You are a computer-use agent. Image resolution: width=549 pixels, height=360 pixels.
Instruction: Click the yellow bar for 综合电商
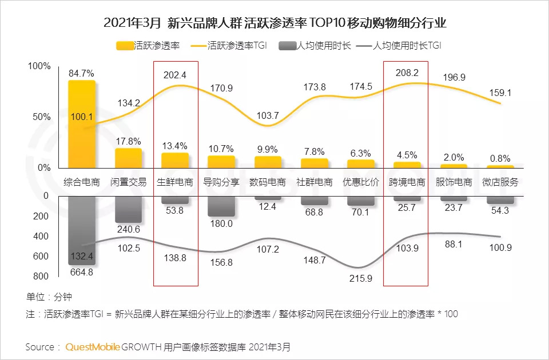[x=81, y=125]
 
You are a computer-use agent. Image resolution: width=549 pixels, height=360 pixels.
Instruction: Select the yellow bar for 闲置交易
[x=128, y=158]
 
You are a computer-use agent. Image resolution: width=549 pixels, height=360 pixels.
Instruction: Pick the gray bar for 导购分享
[x=221, y=206]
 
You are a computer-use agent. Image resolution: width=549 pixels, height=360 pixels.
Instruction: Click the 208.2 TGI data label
[x=407, y=73]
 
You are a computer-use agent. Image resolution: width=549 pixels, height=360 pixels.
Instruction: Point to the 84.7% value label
[x=81, y=74]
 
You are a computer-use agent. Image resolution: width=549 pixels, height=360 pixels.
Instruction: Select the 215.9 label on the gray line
[x=361, y=278]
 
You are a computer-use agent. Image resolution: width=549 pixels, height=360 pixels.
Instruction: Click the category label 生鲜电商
[x=175, y=183]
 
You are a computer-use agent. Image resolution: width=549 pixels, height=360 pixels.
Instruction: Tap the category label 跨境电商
[x=407, y=183]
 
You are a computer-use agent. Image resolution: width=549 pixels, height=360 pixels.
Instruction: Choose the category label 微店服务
[x=500, y=183]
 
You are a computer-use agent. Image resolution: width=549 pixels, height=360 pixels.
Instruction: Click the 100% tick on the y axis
[x=39, y=67]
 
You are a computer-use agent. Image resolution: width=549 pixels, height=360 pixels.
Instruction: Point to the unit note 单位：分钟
[x=49, y=297]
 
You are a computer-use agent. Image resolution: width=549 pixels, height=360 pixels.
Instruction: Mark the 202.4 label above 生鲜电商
[x=175, y=75]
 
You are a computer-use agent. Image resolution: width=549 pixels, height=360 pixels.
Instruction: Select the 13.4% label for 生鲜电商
[x=175, y=146]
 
